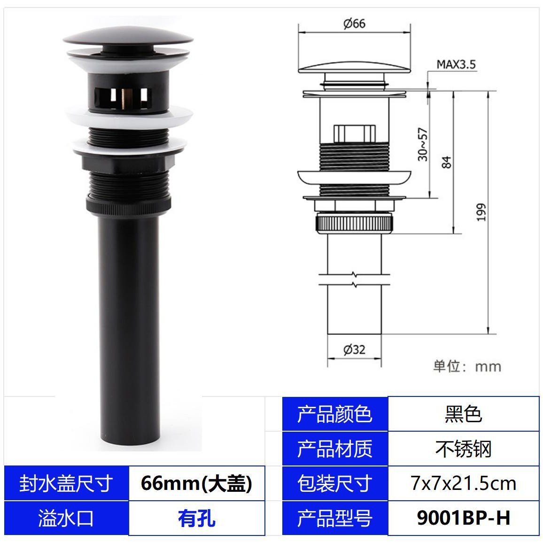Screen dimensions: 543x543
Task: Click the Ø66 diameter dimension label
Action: click(x=354, y=23)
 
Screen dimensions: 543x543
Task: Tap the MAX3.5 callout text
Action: click(x=456, y=64)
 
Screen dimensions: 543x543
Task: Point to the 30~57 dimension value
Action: click(x=423, y=144)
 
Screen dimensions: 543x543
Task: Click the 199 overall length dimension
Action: click(x=481, y=212)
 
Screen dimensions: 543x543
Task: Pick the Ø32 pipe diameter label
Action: click(x=354, y=349)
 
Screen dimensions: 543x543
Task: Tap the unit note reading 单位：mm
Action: click(x=467, y=366)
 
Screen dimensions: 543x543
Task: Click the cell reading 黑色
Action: click(x=463, y=414)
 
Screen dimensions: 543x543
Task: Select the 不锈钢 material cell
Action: click(x=463, y=449)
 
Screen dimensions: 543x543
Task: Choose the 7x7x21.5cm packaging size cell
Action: click(x=463, y=483)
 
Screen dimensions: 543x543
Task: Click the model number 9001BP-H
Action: click(x=463, y=518)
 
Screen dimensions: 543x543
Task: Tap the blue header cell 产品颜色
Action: click(x=334, y=414)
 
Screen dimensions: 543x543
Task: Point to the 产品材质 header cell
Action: click(x=334, y=449)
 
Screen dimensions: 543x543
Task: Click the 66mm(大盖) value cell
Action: click(x=196, y=483)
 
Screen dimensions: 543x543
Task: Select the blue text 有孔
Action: click(x=196, y=518)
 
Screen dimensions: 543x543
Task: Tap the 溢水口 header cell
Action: click(x=66, y=518)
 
